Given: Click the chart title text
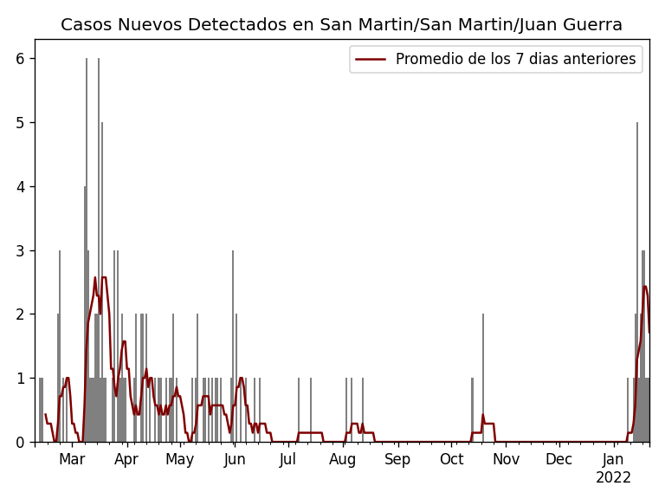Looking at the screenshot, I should pyautogui.click(x=341, y=25).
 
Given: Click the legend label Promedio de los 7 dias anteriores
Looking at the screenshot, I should pyautogui.click(x=515, y=59).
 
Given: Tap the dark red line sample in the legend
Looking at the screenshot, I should pyautogui.click(x=371, y=59).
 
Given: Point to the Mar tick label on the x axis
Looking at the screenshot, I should pyautogui.click(x=72, y=459).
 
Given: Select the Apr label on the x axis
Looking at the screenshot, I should pyautogui.click(x=126, y=459).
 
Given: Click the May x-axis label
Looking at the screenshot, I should pyautogui.click(x=180, y=459).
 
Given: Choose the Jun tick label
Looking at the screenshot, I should pyautogui.click(x=235, y=459).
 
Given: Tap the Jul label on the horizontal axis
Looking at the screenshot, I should pyautogui.click(x=287, y=459).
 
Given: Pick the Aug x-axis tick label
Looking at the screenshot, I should pyautogui.click(x=343, y=459).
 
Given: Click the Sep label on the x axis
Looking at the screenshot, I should pyautogui.click(x=397, y=459).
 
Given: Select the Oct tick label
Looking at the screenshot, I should pyautogui.click(x=451, y=459).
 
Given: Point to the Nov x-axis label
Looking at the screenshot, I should pyautogui.click(x=506, y=459).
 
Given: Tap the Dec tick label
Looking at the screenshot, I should pyautogui.click(x=559, y=459).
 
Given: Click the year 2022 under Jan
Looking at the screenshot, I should pyautogui.click(x=613, y=477).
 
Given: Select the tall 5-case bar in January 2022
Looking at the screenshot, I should pyautogui.click(x=637, y=286).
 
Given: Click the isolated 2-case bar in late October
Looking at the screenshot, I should pyautogui.click(x=483, y=381).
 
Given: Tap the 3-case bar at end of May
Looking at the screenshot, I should pyautogui.click(x=233, y=347).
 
